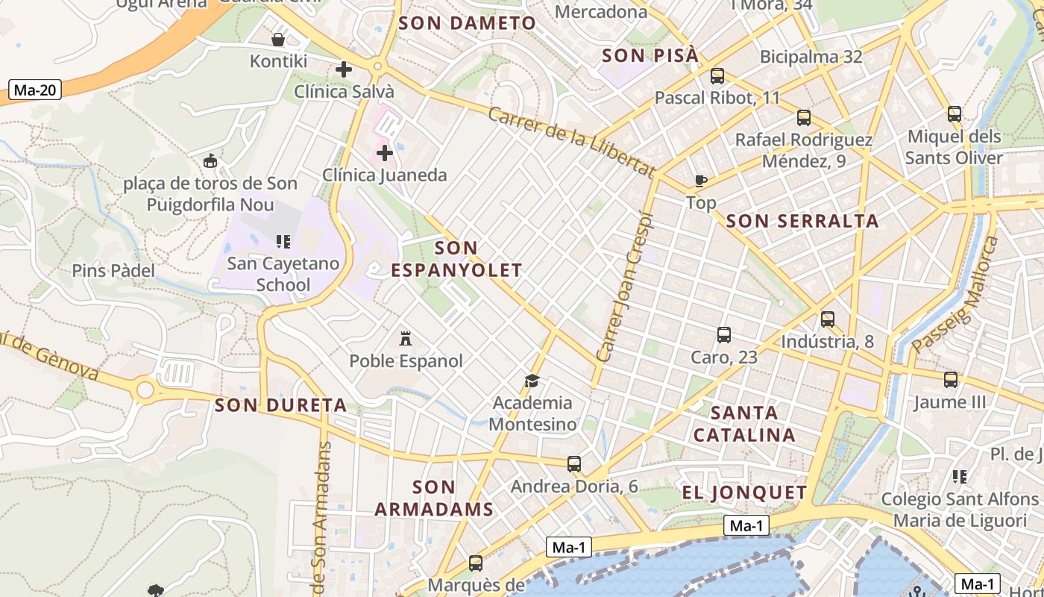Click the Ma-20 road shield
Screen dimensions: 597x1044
(x=35, y=90)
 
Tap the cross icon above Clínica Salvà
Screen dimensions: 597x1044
(x=344, y=69)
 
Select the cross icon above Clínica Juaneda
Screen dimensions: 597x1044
(x=385, y=153)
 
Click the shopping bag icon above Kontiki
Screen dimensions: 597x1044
(x=278, y=40)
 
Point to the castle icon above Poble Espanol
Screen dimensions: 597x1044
(x=406, y=338)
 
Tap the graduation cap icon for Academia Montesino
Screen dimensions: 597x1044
(x=532, y=381)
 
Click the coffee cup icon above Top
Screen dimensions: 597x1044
(x=700, y=180)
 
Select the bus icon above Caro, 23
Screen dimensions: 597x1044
(x=723, y=334)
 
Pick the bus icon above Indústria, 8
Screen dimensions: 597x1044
(x=827, y=319)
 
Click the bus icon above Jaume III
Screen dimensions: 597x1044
(x=950, y=379)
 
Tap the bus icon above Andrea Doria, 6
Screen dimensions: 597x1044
(x=573, y=463)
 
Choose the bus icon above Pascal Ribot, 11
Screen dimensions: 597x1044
(x=717, y=75)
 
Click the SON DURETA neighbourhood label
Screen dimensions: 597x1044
(x=280, y=405)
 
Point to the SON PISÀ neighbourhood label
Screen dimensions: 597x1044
(x=650, y=55)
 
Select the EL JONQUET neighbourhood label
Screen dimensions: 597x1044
(x=744, y=493)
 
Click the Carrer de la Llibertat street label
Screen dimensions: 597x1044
(x=571, y=141)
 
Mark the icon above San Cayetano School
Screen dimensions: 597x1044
(x=283, y=241)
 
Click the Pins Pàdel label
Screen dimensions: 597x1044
(x=113, y=270)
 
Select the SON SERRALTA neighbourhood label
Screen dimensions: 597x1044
(x=802, y=221)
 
